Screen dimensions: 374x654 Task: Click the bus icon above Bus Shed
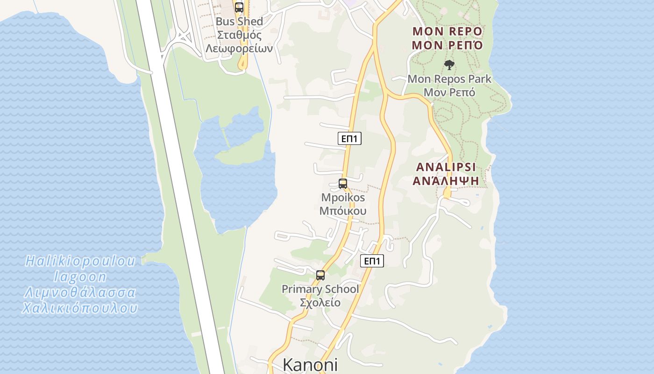pos(239,7)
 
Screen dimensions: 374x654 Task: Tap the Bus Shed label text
pos(239,22)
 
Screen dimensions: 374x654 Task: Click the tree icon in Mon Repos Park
pos(449,65)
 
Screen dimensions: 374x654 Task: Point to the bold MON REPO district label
pos(447,32)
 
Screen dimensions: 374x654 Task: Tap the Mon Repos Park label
pos(449,79)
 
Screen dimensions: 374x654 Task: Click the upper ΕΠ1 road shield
pos(349,138)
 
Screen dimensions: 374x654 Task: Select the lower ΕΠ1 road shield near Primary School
pos(372,261)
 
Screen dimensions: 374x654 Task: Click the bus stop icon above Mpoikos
pos(343,184)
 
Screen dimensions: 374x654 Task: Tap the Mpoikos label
pos(343,197)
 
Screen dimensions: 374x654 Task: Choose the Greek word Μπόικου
pos(343,211)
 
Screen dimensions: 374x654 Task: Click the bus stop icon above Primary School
pos(320,275)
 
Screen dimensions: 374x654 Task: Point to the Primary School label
pos(320,289)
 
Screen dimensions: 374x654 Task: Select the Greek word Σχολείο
pos(320,302)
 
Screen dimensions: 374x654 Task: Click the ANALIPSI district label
pos(446,167)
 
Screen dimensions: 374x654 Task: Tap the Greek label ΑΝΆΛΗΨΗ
pos(446,180)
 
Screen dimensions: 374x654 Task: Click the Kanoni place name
pos(310,365)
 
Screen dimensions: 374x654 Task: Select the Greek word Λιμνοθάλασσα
pos(80,293)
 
